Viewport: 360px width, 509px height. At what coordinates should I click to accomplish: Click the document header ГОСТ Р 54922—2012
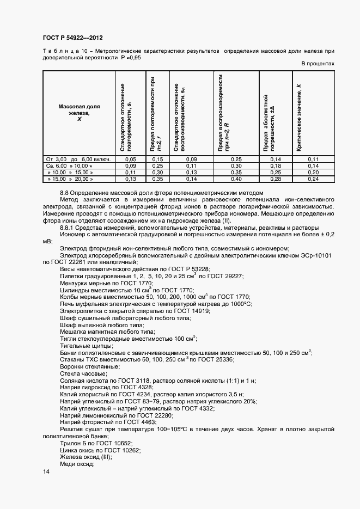pyautogui.click(x=72, y=38)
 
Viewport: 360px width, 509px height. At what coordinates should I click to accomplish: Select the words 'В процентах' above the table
pyautogui.click(x=318, y=64)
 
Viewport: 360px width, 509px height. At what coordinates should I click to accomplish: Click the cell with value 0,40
pyautogui.click(x=236, y=179)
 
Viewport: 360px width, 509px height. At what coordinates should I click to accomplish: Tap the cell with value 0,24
pyautogui.click(x=313, y=179)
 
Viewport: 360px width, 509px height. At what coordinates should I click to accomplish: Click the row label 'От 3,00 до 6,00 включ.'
pyautogui.click(x=78, y=159)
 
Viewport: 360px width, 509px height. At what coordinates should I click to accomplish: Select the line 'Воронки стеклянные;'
pyautogui.click(x=87, y=366)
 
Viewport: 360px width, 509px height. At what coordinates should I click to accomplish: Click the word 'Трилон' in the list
pyautogui.click(x=71, y=444)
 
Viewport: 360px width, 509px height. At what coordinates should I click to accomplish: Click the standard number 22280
pyautogui.click(x=162, y=415)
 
